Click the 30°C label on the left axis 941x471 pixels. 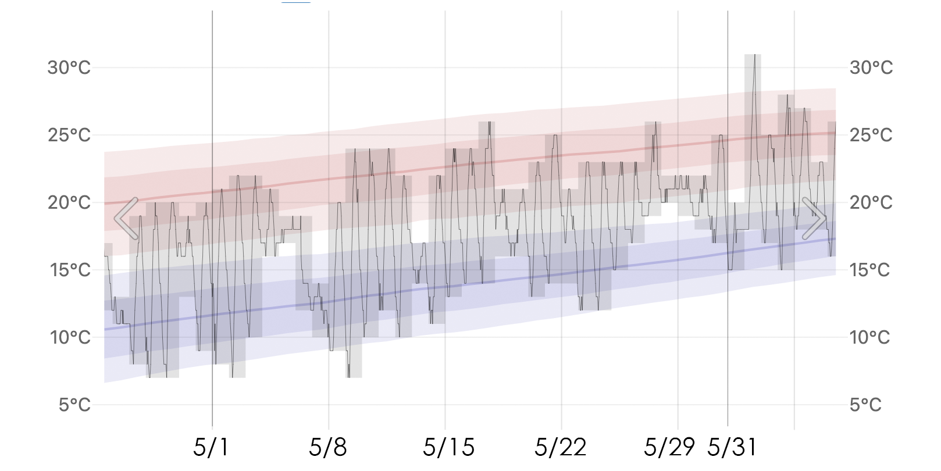point(69,68)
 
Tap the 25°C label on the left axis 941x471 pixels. point(69,135)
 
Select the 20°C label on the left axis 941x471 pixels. point(69,203)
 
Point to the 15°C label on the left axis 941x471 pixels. point(70,270)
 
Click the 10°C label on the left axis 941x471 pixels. point(70,338)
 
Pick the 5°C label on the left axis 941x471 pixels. point(74,405)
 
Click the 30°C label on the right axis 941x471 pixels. point(871,68)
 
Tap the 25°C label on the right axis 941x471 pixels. point(871,135)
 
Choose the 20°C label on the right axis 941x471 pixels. point(871,203)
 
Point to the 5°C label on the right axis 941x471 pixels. point(865,405)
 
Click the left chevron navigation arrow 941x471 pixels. point(126,219)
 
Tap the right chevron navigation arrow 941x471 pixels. point(814,219)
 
